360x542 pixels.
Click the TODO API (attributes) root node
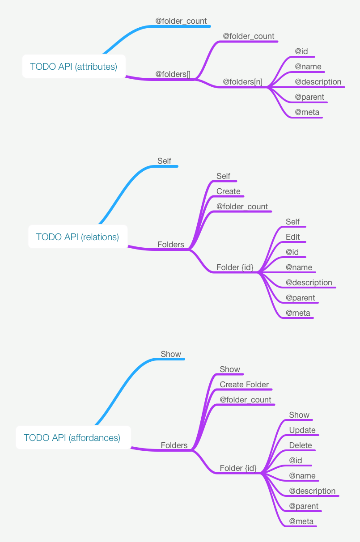click(74, 67)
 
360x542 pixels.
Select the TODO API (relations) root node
click(77, 237)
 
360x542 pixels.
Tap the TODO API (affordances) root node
click(72, 438)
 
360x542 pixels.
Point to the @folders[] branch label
click(173, 74)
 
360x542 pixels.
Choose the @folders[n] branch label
click(242, 82)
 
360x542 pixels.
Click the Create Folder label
click(244, 385)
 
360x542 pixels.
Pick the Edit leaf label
click(293, 237)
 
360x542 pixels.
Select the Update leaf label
click(302, 430)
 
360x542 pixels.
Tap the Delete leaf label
click(301, 445)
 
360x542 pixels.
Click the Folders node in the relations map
click(170, 245)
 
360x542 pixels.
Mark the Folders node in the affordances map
click(174, 445)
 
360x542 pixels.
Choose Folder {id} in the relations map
click(235, 267)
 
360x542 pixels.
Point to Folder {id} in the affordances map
click(238, 468)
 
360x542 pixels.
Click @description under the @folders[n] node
click(318, 82)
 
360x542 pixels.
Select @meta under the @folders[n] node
click(307, 112)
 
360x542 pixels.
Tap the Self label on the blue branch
click(164, 161)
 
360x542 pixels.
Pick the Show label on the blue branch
click(171, 354)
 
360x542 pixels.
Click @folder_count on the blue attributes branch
click(181, 21)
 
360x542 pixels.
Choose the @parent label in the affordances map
click(304, 506)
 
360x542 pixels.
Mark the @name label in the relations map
click(299, 267)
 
